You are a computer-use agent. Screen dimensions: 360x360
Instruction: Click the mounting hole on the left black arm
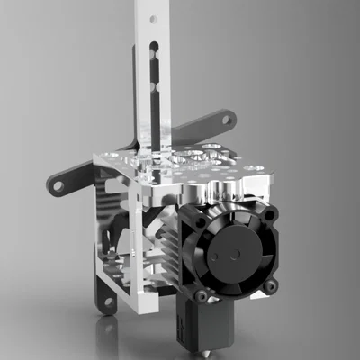(58, 185)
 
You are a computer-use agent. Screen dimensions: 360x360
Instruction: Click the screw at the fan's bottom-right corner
(268, 285)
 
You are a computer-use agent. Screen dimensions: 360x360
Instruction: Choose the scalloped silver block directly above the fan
(225, 191)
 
